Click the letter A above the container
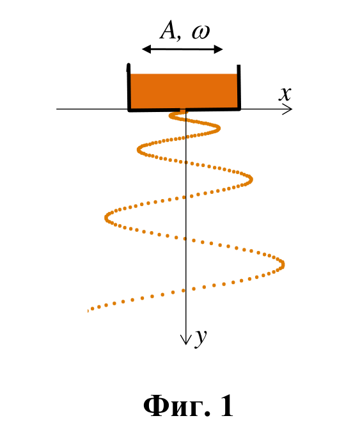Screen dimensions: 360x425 (x=168, y=30)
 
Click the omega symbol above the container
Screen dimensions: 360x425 (x=201, y=33)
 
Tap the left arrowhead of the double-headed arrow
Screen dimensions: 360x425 (x=146, y=49)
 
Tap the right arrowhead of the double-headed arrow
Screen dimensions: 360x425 (x=218, y=49)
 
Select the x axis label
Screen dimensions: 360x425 (x=285, y=94)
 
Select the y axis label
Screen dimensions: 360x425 (x=201, y=338)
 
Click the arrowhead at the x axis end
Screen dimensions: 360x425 (x=288, y=109)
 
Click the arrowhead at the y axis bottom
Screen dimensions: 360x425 (x=186, y=339)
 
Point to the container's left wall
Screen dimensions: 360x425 (x=129, y=87)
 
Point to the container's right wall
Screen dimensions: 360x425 (x=239, y=87)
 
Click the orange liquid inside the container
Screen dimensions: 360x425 (x=184, y=91)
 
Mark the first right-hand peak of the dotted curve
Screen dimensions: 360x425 (x=218, y=128)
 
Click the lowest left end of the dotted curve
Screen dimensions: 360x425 (x=89, y=310)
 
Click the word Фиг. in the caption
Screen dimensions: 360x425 (x=176, y=406)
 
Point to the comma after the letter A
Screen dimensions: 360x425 (x=178, y=37)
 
